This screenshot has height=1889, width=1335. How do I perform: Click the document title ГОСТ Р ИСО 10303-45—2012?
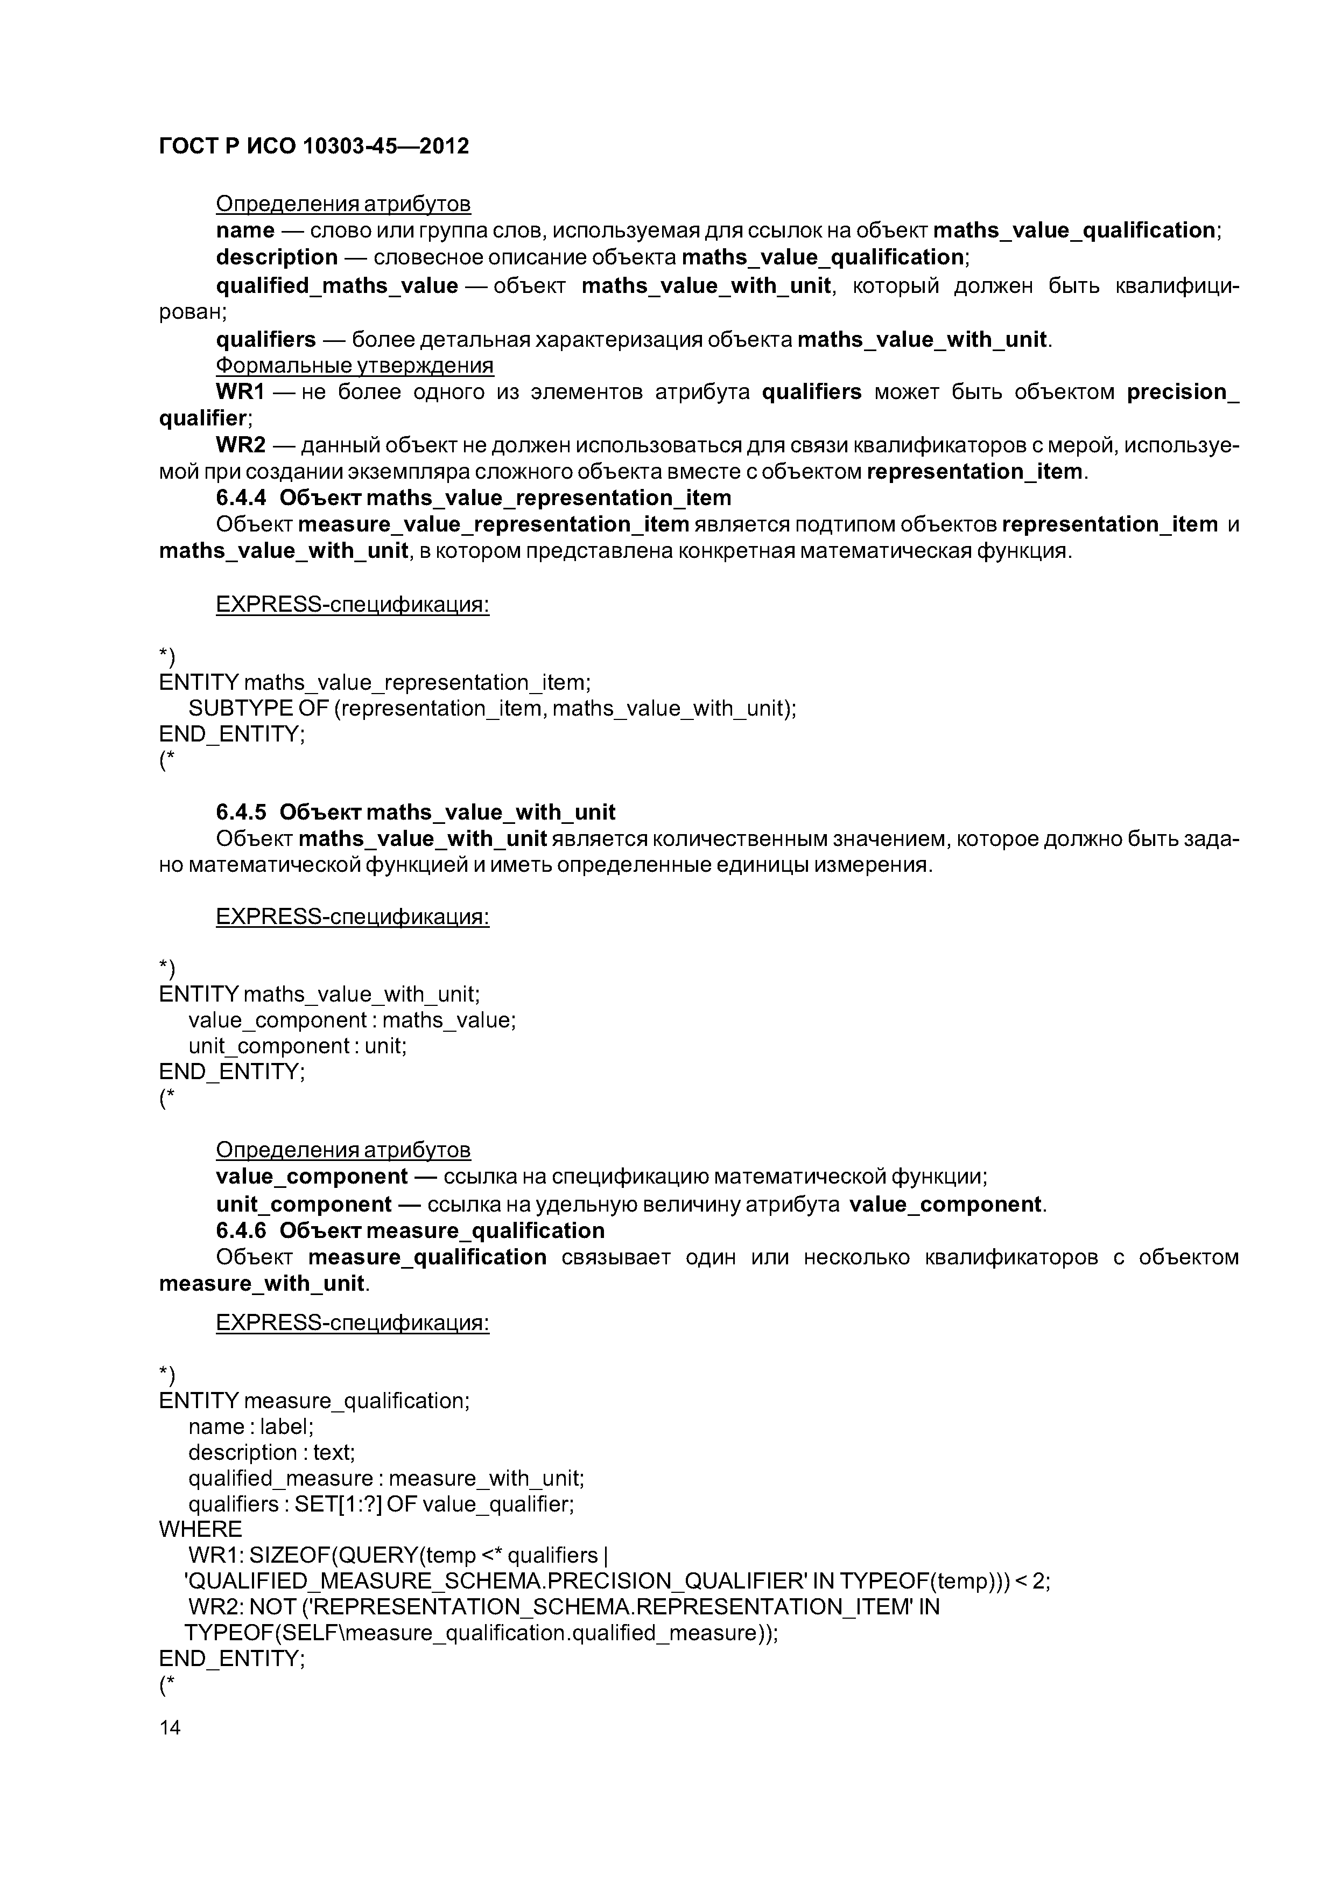click(x=313, y=146)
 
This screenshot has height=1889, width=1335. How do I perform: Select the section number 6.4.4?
click(x=241, y=498)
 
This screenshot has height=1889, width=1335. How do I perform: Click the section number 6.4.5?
click(x=241, y=812)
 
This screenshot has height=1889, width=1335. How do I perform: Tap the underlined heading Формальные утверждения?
click(x=355, y=365)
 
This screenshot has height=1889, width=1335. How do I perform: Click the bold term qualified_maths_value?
click(x=336, y=285)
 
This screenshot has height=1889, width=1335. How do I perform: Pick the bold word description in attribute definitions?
click(x=276, y=257)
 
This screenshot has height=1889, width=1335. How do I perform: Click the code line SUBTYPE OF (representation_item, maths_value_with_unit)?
click(x=492, y=709)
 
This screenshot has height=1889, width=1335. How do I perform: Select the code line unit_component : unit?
click(x=297, y=1046)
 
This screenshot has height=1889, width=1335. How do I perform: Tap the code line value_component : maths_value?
click(x=352, y=1020)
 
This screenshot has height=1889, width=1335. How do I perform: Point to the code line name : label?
click(x=251, y=1426)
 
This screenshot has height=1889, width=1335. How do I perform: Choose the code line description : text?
click(x=271, y=1452)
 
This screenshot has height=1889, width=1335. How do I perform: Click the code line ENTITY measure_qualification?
click(x=314, y=1400)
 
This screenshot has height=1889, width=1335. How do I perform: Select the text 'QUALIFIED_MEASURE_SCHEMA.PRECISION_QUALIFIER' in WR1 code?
click(x=496, y=1582)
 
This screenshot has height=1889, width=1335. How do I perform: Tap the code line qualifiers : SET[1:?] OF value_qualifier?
click(x=381, y=1504)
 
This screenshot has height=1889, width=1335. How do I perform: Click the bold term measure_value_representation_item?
click(x=494, y=524)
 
